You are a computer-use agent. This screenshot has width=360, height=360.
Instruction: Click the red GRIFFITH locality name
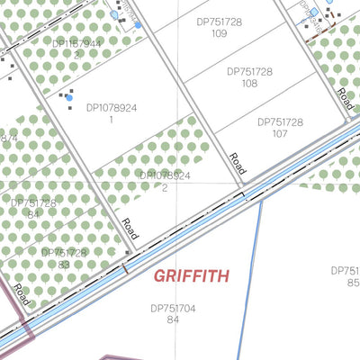190,275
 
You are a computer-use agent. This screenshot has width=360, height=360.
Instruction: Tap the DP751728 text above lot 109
219,20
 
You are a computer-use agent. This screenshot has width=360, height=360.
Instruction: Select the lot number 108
249,84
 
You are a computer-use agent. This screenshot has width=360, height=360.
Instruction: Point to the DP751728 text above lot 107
280,121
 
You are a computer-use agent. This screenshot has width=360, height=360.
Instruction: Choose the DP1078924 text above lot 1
112,107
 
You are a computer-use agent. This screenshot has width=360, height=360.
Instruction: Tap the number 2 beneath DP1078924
165,188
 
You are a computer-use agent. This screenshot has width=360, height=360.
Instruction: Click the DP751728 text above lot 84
34,202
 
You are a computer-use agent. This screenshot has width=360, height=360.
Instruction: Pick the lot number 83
64,265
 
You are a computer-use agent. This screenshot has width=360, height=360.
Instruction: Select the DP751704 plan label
174,307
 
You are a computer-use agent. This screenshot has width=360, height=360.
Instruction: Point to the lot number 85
353,282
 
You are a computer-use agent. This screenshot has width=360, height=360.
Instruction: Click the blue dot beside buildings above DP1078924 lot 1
68,97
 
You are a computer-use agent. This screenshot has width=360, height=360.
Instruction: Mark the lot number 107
280,133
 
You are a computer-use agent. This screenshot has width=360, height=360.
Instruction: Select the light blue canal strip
180,229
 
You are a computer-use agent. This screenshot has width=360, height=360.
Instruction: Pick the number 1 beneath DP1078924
112,119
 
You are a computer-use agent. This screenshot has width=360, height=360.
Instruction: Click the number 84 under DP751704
174,319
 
